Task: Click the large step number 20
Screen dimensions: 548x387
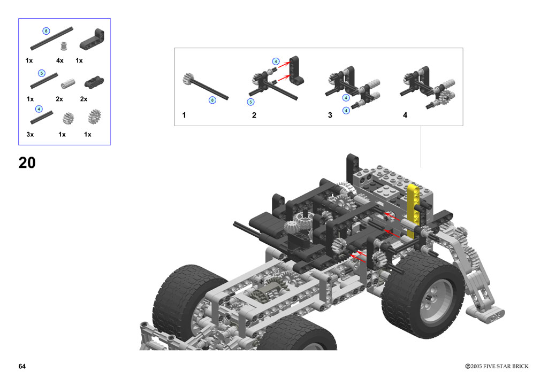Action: click(27, 163)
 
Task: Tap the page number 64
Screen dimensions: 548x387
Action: click(22, 366)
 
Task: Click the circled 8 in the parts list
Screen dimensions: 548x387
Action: click(46, 31)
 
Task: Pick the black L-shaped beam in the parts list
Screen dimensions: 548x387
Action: click(92, 38)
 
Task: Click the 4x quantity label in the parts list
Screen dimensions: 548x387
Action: click(60, 61)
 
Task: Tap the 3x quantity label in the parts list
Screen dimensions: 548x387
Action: click(30, 134)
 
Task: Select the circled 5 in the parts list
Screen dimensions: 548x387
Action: click(42, 73)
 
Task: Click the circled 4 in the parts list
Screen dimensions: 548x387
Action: click(39, 109)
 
